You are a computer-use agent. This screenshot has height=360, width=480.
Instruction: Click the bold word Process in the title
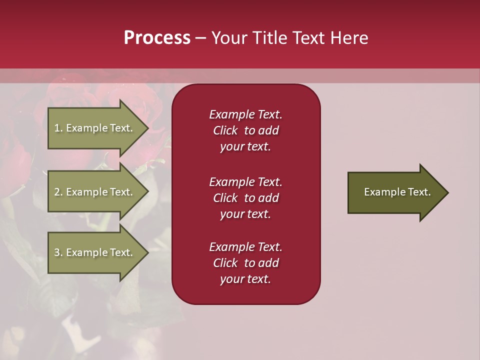point(157,38)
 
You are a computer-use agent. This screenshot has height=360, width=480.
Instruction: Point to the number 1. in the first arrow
point(58,128)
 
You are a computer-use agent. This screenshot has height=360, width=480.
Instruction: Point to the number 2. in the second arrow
point(58,192)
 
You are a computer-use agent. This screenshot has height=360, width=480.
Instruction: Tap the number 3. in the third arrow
point(58,252)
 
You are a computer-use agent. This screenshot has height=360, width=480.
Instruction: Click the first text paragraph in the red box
point(245,130)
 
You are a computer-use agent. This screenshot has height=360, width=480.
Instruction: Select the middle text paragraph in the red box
point(245,198)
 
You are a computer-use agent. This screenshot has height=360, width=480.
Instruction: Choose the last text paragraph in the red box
point(245,263)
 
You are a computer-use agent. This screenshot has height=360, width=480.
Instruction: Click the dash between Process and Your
point(200,38)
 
